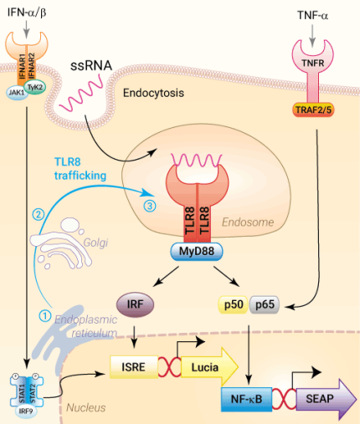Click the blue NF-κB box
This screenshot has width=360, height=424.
pos(246,401)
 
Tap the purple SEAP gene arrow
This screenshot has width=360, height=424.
pos(321,401)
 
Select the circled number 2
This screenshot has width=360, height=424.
pos(37,214)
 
